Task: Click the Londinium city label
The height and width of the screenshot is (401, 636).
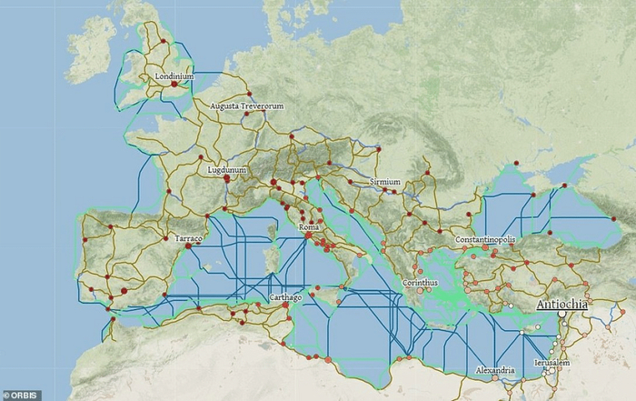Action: click(x=174, y=76)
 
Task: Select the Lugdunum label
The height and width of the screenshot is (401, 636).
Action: click(x=227, y=169)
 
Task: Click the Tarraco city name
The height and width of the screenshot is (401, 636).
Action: click(x=188, y=238)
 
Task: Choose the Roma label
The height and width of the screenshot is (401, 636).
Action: click(x=310, y=227)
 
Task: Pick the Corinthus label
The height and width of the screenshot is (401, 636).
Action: click(x=419, y=283)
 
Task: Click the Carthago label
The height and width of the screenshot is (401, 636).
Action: click(x=285, y=297)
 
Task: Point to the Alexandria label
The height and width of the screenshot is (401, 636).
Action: click(x=495, y=370)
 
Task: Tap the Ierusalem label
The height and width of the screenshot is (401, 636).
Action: click(x=552, y=363)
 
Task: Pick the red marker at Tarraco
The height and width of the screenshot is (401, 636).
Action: click(x=187, y=246)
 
